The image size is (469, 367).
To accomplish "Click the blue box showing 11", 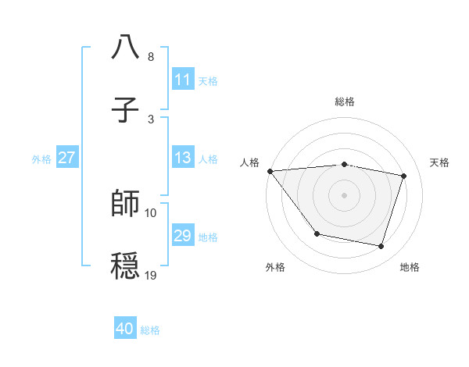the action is [x=182, y=80].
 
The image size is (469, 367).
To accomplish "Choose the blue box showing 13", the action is [x=182, y=158].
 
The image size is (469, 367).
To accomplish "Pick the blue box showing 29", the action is [x=182, y=236].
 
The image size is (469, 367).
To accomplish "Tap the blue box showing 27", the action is [x=66, y=158].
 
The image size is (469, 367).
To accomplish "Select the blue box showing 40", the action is [x=125, y=329].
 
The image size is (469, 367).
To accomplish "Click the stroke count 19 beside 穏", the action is [x=151, y=275].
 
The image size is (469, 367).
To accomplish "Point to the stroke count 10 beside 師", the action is [x=151, y=212].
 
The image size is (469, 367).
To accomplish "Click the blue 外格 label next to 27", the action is [x=41, y=159].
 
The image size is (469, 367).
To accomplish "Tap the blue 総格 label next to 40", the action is [x=150, y=330].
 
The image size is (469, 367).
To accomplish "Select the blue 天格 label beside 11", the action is [x=208, y=80].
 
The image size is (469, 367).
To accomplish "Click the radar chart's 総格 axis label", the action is [x=345, y=102].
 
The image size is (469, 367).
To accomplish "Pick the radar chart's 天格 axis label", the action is [x=439, y=162].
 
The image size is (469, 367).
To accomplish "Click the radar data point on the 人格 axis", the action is [x=270, y=171].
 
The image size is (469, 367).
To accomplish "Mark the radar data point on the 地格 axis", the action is [x=381, y=247].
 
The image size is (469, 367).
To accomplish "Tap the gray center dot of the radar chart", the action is [x=345, y=195].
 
